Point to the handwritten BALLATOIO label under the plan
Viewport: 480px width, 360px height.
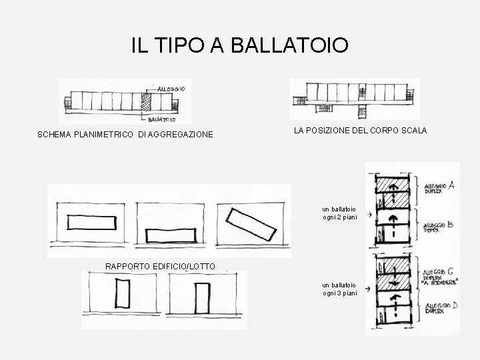162,120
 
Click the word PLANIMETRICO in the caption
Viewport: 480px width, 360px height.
105,135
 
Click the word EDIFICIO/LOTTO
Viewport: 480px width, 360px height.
182,267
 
